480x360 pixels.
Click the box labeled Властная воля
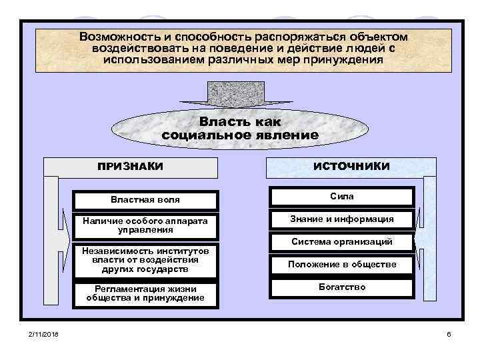[145, 199]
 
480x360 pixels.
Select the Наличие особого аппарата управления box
[145, 225]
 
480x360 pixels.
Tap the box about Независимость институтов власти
[145, 261]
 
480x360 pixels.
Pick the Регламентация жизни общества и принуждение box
[145, 293]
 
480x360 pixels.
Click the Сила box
[341, 197]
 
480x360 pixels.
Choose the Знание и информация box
[341, 219]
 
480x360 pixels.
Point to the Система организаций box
[341, 242]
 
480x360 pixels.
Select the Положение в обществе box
[341, 265]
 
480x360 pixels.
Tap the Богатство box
[341, 287]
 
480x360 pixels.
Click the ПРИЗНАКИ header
[131, 167]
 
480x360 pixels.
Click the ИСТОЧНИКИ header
[351, 166]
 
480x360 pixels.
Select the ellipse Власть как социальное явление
[240, 128]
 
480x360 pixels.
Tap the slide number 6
[449, 333]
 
